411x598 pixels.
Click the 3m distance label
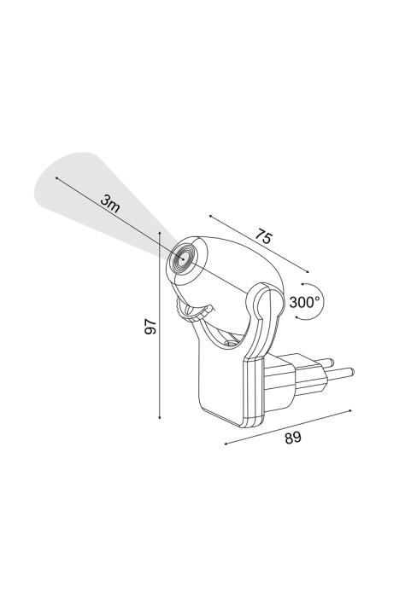pyautogui.click(x=110, y=204)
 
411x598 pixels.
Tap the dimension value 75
pyautogui.click(x=264, y=235)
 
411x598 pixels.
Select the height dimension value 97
pyautogui.click(x=150, y=327)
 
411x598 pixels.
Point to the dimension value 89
pyautogui.click(x=293, y=438)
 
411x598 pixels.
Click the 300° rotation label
pyautogui.click(x=304, y=303)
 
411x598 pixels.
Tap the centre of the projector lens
pyautogui.click(x=183, y=259)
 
